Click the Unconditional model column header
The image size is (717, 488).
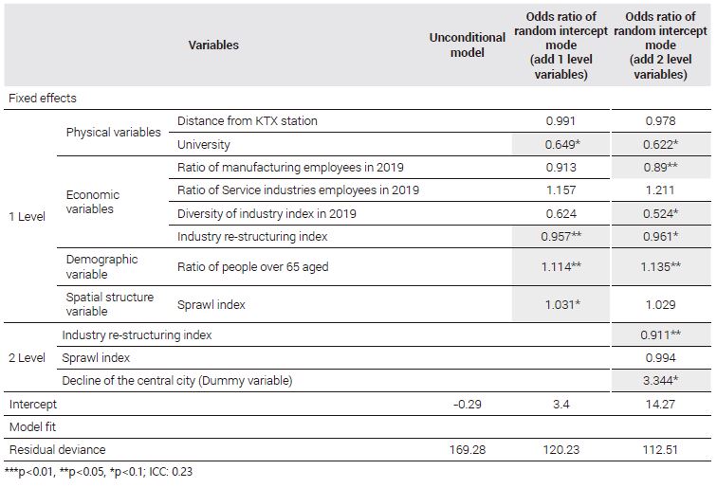pyautogui.click(x=467, y=45)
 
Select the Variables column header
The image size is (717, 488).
pyautogui.click(x=213, y=45)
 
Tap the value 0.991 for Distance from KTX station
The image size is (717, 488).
pyautogui.click(x=561, y=121)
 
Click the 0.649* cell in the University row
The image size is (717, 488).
pyautogui.click(x=562, y=144)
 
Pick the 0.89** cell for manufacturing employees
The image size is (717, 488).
pyautogui.click(x=660, y=167)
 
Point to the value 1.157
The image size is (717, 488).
pyautogui.click(x=561, y=190)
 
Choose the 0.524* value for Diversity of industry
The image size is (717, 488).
pyautogui.click(x=660, y=213)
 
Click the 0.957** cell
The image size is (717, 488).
pyautogui.click(x=561, y=236)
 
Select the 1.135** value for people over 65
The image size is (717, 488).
pyautogui.click(x=660, y=266)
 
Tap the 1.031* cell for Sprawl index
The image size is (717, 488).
pyautogui.click(x=562, y=304)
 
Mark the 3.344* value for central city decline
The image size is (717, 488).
pyautogui.click(x=660, y=380)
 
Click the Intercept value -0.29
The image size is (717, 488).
pyautogui.click(x=467, y=404)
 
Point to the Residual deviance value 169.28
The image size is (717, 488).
pyautogui.click(x=467, y=449)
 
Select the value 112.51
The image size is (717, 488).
pyautogui.click(x=660, y=449)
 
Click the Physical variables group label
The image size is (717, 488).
pyautogui.click(x=114, y=133)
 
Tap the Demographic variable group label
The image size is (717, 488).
pyautogui.click(x=101, y=266)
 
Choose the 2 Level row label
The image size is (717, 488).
pyautogui.click(x=27, y=358)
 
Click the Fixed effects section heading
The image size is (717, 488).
pyautogui.click(x=43, y=99)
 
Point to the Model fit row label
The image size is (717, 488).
pyautogui.click(x=32, y=426)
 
